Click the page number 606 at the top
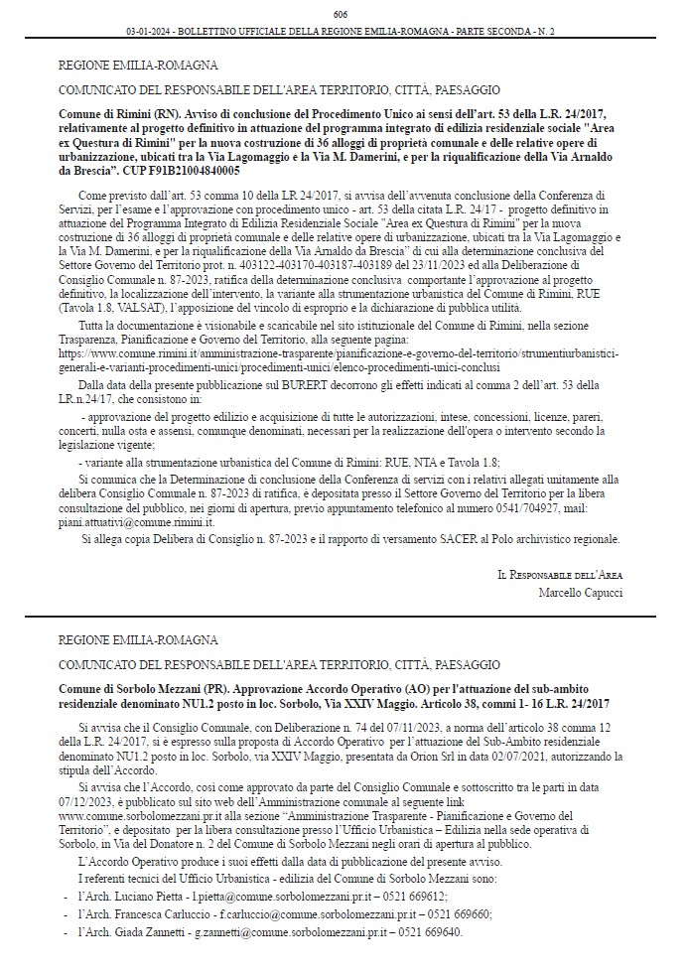pyautogui.click(x=341, y=14)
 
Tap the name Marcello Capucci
pyautogui.click(x=580, y=593)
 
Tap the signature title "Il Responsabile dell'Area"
pyautogui.click(x=560, y=575)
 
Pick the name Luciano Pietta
pyautogui.click(x=140, y=897)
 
